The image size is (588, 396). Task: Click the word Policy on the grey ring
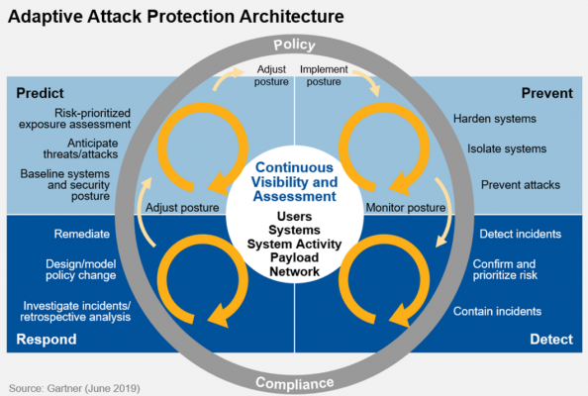click(x=294, y=45)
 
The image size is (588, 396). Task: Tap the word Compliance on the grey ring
click(x=294, y=383)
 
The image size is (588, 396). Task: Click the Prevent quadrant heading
click(x=546, y=93)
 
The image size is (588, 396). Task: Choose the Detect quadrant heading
click(x=550, y=340)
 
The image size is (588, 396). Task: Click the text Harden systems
click(x=495, y=120)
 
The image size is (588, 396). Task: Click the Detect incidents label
click(x=520, y=235)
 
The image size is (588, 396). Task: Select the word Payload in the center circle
click(x=294, y=256)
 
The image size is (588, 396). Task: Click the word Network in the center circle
click(x=294, y=270)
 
